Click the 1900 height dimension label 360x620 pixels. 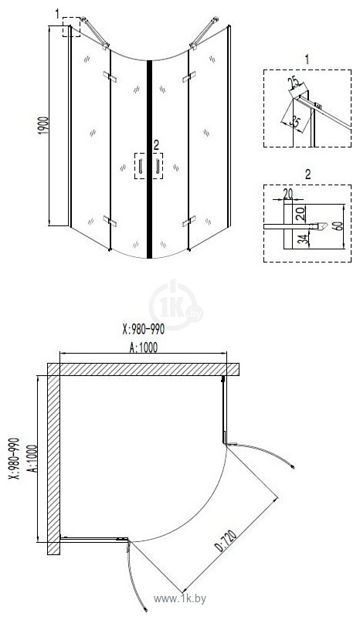point(43,125)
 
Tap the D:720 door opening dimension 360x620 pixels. point(226,541)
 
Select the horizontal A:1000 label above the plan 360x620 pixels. point(144,347)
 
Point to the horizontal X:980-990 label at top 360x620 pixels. point(144,329)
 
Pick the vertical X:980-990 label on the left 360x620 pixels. point(14,459)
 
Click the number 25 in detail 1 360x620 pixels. point(294,83)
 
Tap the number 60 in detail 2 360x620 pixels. point(338,225)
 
